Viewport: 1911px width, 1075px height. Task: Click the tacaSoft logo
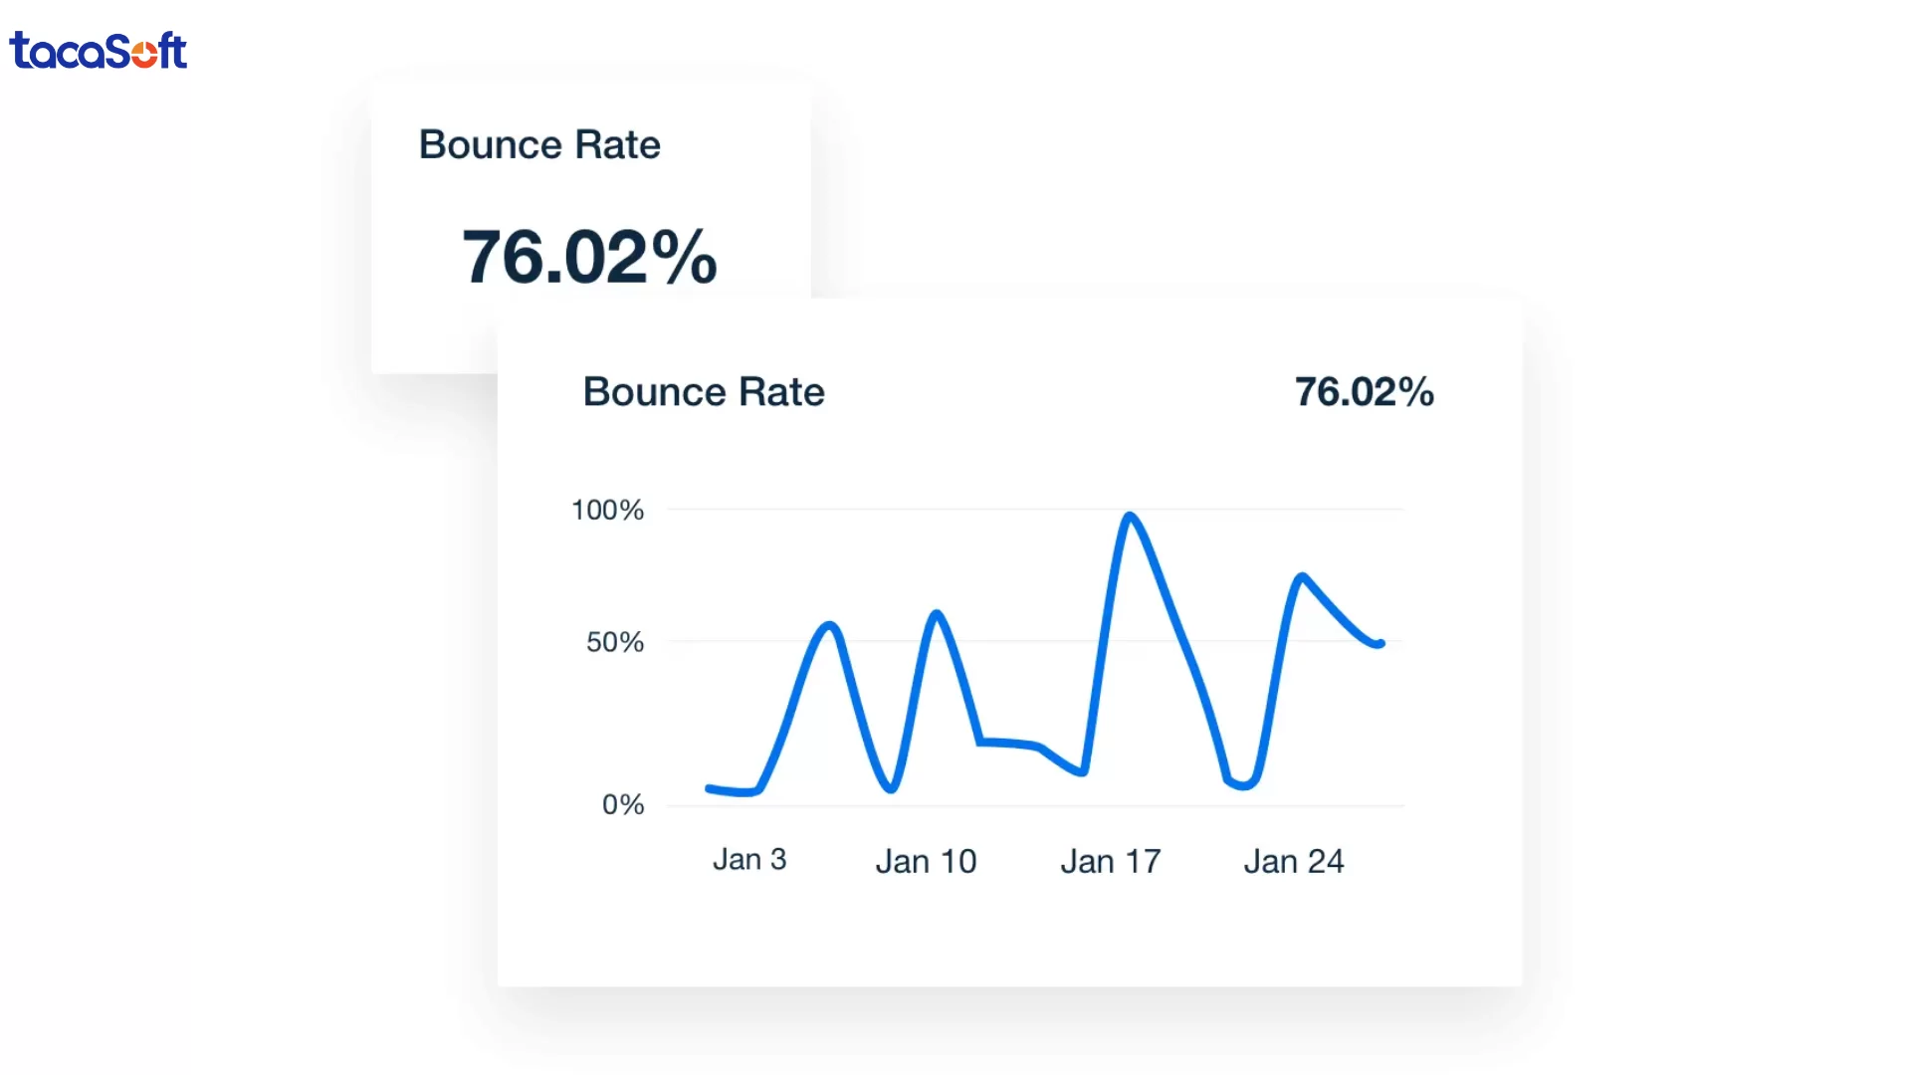click(x=98, y=51)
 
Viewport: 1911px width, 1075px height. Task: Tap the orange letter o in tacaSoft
click(x=144, y=52)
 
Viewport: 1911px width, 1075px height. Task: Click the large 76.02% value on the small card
click(x=589, y=257)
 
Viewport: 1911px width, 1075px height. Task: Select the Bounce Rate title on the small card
click(x=539, y=145)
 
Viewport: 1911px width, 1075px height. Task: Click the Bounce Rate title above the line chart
click(x=704, y=392)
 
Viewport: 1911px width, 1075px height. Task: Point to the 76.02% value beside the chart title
click(x=1364, y=392)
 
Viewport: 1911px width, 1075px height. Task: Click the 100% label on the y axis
click(x=607, y=511)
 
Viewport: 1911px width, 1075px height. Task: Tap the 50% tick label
click(x=615, y=642)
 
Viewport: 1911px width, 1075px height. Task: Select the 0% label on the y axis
click(x=623, y=804)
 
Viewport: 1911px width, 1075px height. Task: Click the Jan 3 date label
click(x=749, y=860)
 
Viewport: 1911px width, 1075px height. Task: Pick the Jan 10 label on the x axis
click(x=926, y=861)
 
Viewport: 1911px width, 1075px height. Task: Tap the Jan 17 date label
click(x=1111, y=861)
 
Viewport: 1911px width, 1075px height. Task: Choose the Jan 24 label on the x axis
click(x=1294, y=861)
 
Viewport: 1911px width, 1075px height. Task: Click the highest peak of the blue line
click(x=1130, y=516)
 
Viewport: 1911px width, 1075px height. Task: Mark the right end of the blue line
click(x=1380, y=644)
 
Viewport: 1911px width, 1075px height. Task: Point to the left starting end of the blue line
click(x=709, y=789)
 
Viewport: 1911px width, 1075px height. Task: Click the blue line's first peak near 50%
click(x=830, y=625)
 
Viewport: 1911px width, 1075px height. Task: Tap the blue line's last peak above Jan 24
click(x=1301, y=576)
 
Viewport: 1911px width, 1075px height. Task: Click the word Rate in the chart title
click(x=781, y=392)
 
